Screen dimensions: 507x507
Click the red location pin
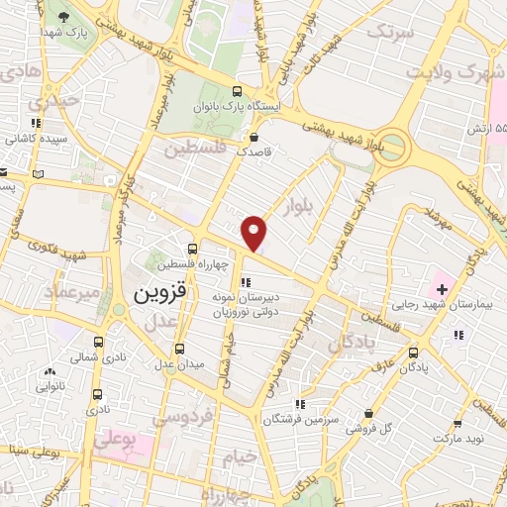coord(255,233)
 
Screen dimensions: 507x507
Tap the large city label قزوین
coord(152,294)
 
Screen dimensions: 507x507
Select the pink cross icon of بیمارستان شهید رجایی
coord(442,289)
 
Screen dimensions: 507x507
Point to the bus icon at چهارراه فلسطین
coord(192,250)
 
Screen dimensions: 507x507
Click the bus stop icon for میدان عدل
coord(179,348)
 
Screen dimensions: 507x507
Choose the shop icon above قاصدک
coord(255,138)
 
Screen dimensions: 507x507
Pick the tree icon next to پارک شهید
coord(64,17)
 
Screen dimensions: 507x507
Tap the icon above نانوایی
coord(50,371)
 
